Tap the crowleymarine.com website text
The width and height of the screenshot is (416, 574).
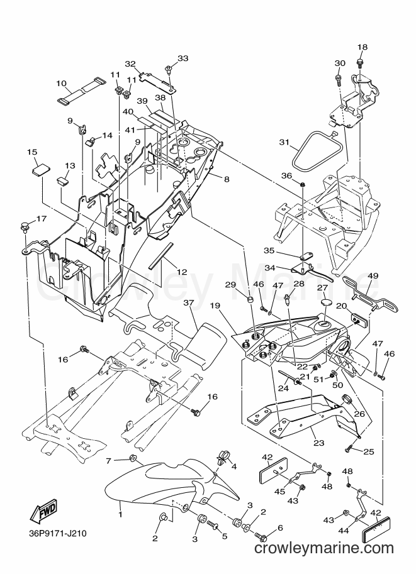[x=323, y=548]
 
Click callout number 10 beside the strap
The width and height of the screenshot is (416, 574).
[x=61, y=84]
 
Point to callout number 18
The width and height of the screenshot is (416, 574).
[x=362, y=47]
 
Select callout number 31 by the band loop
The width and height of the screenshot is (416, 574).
[x=284, y=142]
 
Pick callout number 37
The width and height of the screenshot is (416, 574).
[x=188, y=303]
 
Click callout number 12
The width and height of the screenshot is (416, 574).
[x=182, y=272]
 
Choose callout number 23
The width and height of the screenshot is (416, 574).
[x=319, y=443]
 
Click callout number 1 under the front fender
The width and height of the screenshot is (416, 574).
[x=120, y=515]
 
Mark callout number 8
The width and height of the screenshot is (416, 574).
[x=226, y=179]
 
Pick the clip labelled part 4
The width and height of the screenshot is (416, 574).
[x=222, y=456]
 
